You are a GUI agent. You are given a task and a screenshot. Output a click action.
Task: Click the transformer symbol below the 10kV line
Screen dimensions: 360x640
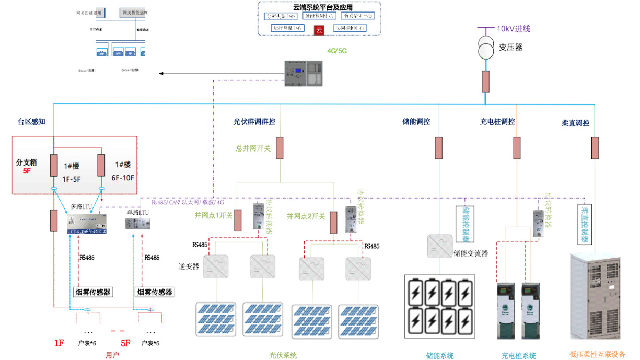click(x=486, y=49)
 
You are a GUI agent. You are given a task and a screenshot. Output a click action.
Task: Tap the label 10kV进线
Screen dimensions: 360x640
click(x=514, y=29)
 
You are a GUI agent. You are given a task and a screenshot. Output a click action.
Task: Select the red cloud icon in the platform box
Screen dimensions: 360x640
click(x=319, y=30)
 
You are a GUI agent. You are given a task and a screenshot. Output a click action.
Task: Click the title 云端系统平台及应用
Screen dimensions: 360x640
click(x=320, y=8)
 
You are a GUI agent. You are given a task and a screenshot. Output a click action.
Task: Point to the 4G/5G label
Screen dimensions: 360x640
click(x=336, y=51)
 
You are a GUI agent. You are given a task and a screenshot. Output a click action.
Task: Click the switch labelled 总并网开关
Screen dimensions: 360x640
click(x=280, y=148)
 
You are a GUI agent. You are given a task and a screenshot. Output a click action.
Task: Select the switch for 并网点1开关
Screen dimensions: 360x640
click(x=238, y=220)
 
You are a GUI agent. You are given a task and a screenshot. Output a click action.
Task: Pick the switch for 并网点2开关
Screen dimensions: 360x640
click(x=333, y=222)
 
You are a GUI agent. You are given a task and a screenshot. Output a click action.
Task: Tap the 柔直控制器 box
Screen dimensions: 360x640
click(x=585, y=224)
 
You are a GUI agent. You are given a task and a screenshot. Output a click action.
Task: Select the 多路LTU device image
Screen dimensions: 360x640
click(x=88, y=223)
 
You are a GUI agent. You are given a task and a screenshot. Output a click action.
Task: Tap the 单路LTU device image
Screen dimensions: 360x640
click(x=137, y=224)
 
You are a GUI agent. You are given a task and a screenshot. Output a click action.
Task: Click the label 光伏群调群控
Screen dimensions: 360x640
click(x=254, y=122)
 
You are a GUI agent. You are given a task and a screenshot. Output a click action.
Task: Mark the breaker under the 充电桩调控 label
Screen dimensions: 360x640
click(x=517, y=148)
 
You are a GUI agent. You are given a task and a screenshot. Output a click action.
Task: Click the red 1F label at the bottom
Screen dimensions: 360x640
click(x=59, y=343)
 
